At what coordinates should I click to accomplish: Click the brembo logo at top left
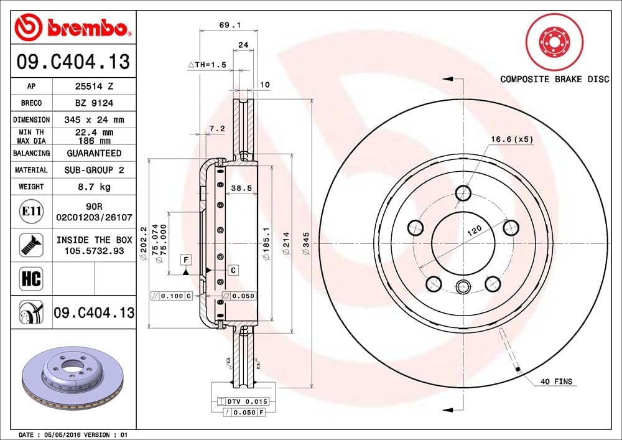pyautogui.click(x=72, y=27)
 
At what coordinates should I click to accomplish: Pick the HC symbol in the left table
pyautogui.click(x=31, y=278)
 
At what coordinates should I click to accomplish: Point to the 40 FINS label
pyautogui.click(x=555, y=381)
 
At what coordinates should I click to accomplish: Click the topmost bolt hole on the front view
pyautogui.click(x=463, y=194)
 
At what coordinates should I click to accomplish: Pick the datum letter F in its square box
pyautogui.click(x=185, y=258)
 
